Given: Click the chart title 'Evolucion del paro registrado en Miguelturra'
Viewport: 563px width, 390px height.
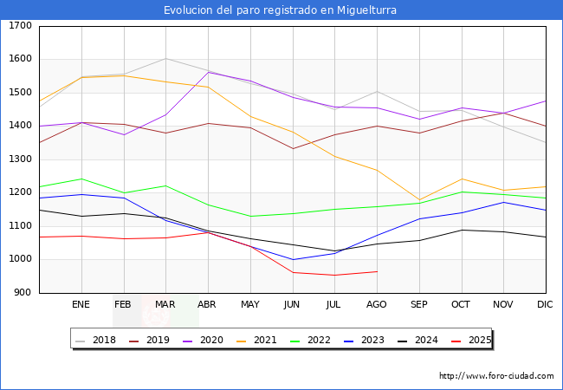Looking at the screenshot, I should pos(281,10).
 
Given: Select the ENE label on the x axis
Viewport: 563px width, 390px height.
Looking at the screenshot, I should pos(81,305).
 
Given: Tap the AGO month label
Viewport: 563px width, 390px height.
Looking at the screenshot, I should pos(377,305).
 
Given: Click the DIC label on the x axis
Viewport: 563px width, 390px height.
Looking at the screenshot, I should pos(545,305).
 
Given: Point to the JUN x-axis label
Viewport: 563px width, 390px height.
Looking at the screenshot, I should pos(292,305).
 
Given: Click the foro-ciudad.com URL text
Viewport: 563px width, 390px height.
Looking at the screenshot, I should pos(496,376).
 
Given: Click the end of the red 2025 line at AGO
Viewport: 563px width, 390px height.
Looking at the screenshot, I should pos(377,271).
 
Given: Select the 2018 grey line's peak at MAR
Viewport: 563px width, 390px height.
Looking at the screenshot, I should pos(165,59).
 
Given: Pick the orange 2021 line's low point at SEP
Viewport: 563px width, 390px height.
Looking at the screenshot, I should pos(419,200).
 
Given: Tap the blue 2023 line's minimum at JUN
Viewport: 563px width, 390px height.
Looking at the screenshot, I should pos(292,259).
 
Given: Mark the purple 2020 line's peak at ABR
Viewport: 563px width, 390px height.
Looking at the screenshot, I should pos(208,72).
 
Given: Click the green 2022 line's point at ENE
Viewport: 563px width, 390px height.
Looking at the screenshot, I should pos(81,179).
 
